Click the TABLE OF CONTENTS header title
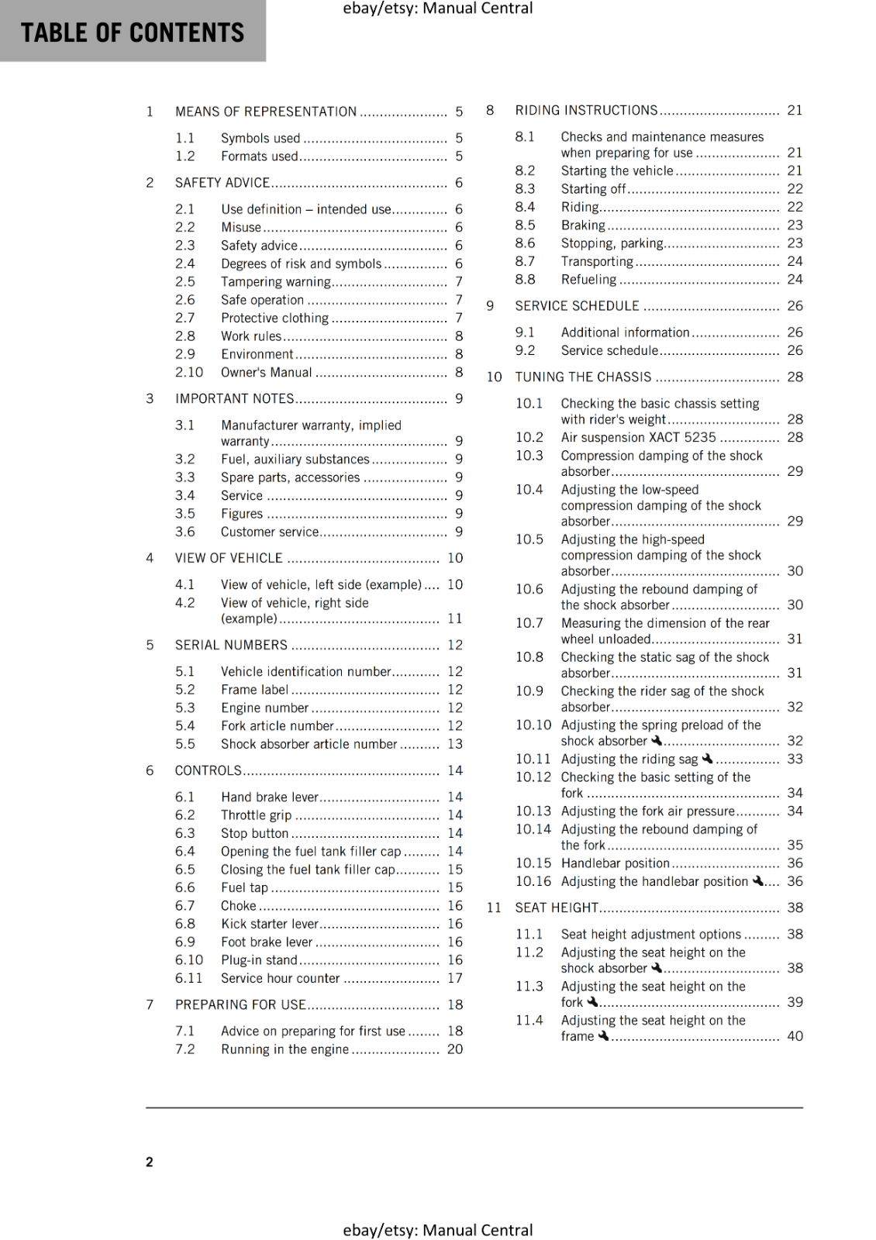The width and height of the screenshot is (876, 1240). [x=133, y=33]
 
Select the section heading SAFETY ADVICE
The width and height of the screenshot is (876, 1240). [x=222, y=183]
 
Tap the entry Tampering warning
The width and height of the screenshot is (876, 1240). [x=276, y=282]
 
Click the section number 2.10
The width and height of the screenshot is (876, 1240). [x=188, y=373]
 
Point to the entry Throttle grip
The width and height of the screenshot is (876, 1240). [x=256, y=815]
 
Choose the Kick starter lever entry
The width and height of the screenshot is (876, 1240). [x=269, y=924]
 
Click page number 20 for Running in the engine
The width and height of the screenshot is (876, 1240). [x=455, y=1049]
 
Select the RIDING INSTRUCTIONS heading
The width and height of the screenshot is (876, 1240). [x=586, y=111]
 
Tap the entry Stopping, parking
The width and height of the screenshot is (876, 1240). [x=612, y=243]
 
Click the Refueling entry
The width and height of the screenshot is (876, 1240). [x=588, y=280]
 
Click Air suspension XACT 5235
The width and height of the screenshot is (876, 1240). [x=638, y=438]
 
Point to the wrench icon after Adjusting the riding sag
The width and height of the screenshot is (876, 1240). [x=707, y=759]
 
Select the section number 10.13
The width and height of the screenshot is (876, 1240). [x=533, y=811]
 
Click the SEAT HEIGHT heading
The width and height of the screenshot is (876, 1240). [x=557, y=908]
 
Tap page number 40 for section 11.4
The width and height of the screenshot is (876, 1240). [x=795, y=1036]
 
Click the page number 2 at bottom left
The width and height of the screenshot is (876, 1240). [x=150, y=1162]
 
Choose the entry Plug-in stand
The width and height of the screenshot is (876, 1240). [x=259, y=960]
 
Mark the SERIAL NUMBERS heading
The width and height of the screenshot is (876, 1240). [x=231, y=646]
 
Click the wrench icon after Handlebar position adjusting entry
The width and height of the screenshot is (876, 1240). [x=758, y=881]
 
